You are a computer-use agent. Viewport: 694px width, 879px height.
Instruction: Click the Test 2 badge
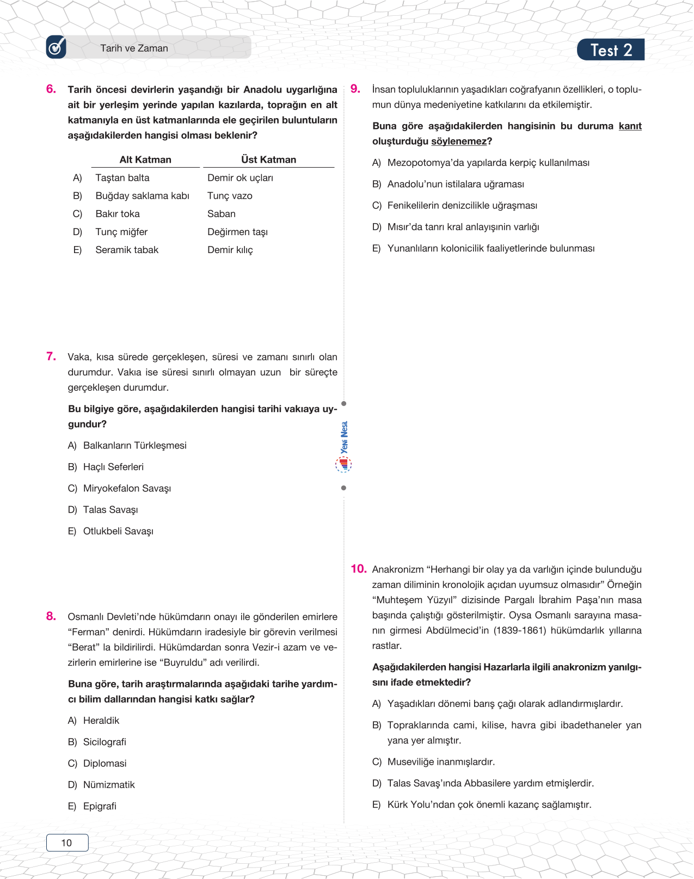click(611, 50)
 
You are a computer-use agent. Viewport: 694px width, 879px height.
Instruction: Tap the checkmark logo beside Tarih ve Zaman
click(56, 47)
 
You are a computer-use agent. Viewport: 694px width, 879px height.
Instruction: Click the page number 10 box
click(67, 843)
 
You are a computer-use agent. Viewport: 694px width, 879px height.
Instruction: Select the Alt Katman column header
click(145, 159)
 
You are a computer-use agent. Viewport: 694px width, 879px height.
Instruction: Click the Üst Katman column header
click(268, 159)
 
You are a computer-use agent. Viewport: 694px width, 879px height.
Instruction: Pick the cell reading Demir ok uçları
click(240, 178)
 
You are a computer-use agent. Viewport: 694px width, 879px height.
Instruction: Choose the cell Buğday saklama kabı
click(142, 196)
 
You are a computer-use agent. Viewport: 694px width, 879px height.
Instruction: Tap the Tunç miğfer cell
click(121, 232)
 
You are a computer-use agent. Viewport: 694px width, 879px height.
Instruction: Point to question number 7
click(51, 356)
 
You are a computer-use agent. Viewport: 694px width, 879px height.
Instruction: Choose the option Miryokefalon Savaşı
click(127, 488)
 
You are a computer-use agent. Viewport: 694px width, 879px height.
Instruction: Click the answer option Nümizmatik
click(109, 785)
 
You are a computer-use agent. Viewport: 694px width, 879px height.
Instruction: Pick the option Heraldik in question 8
click(101, 721)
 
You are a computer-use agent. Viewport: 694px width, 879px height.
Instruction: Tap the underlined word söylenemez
click(459, 142)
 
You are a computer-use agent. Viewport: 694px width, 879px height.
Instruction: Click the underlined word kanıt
click(630, 126)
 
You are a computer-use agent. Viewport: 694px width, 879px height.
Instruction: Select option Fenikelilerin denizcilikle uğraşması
click(462, 206)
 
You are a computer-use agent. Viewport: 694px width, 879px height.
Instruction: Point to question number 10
click(358, 569)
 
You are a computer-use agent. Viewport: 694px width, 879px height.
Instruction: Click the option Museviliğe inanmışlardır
click(441, 762)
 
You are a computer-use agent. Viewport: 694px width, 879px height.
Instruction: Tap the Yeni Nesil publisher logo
click(343, 446)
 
